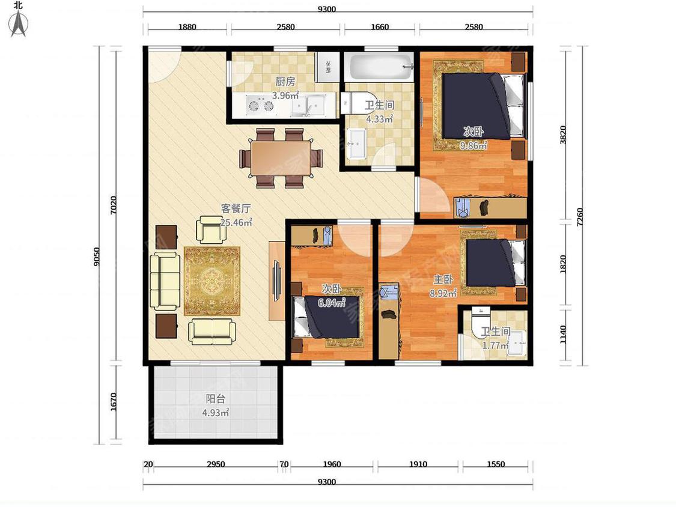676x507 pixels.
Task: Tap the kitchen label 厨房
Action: (285, 81)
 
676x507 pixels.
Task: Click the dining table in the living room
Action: (282, 158)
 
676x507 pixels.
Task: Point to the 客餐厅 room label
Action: (236, 208)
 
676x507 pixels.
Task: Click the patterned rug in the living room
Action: (212, 281)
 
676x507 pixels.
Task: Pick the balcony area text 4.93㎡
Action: (216, 413)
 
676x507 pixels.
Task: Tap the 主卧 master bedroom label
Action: (443, 280)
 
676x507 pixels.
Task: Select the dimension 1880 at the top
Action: (187, 26)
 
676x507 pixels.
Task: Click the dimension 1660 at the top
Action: (380, 26)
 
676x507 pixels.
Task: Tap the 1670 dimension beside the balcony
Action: (114, 402)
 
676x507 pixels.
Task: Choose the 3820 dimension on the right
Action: (563, 135)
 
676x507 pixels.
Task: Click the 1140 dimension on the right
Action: (563, 335)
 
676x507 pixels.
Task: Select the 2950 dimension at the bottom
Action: (216, 464)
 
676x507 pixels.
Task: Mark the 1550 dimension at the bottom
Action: (496, 464)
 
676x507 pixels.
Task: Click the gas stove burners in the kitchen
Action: (260, 105)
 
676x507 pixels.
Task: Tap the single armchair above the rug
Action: (212, 229)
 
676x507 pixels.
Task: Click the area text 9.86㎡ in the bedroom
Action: (474, 146)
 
